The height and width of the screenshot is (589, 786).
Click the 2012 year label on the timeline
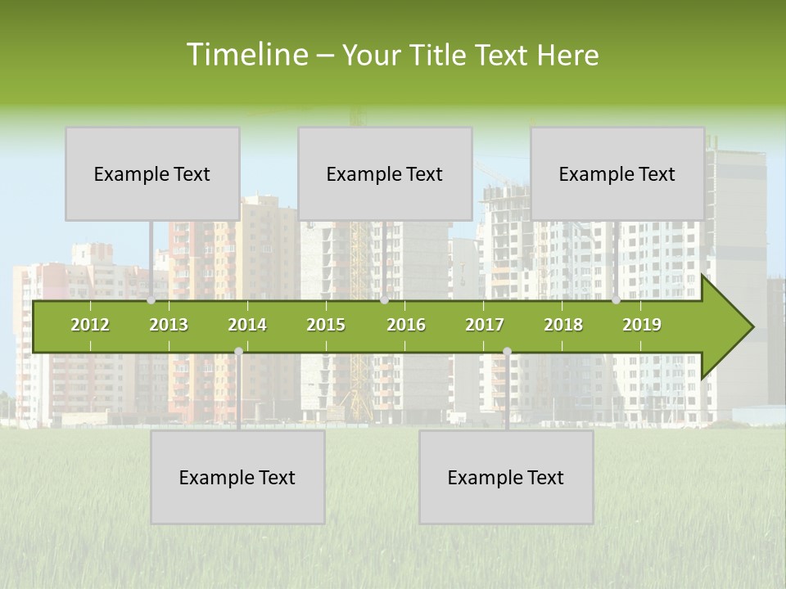pos(90,325)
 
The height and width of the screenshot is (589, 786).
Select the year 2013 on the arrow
pos(169,325)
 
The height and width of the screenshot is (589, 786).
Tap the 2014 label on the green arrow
pos(247,325)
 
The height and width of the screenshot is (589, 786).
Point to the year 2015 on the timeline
pos(326,325)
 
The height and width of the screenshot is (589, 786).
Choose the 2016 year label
pos(406,325)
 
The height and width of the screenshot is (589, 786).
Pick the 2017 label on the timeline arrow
pos(485,325)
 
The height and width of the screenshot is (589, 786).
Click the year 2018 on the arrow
pos(563,325)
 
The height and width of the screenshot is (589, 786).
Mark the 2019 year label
pos(642,325)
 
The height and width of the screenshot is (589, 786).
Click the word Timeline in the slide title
pos(246,55)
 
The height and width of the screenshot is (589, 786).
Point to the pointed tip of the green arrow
pos(752,327)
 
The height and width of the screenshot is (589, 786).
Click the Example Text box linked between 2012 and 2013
pos(152,173)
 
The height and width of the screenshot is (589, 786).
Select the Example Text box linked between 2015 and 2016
pos(385,173)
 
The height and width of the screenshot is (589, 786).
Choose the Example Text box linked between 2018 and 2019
pos(617,173)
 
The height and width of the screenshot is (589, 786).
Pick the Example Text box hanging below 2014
pos(237,477)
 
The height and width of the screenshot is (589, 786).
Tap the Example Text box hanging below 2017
pos(506,477)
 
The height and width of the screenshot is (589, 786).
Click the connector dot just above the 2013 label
pos(151,300)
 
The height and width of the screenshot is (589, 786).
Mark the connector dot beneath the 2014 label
pos(238,352)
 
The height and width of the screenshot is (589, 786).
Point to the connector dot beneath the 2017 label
pos(507,352)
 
